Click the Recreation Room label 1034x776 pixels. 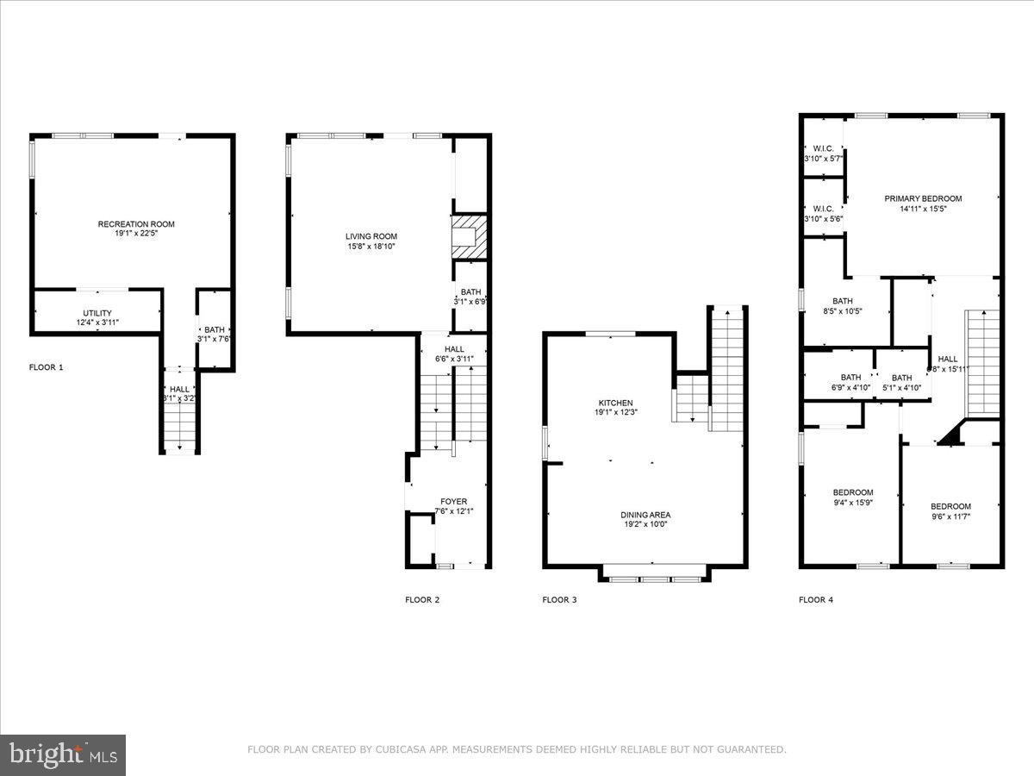click(136, 224)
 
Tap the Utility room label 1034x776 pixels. click(97, 313)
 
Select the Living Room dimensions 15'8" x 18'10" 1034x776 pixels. click(371, 247)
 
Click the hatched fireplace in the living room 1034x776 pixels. click(470, 235)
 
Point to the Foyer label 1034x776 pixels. click(453, 501)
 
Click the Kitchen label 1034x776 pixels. click(616, 403)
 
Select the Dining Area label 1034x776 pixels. click(645, 515)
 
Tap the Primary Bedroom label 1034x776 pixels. click(923, 198)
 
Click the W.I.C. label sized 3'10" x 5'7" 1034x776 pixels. click(823, 148)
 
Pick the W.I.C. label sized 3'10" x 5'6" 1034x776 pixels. click(823, 208)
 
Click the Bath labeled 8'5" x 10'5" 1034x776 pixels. click(842, 301)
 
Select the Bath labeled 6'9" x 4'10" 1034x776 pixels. click(850, 378)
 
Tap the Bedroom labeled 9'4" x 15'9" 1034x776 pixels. click(852, 492)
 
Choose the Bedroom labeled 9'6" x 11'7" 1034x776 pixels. click(950, 506)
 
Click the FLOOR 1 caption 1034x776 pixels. click(47, 367)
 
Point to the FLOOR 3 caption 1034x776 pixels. click(559, 599)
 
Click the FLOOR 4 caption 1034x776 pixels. click(816, 599)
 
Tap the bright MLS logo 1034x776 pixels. click(63, 755)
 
